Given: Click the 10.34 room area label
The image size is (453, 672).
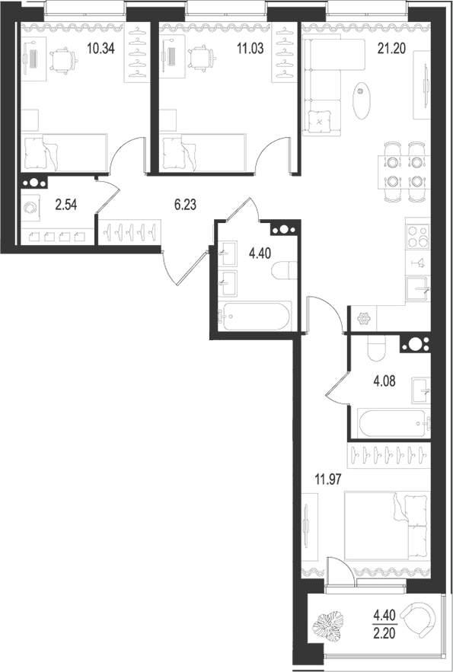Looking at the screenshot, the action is tap(100, 49).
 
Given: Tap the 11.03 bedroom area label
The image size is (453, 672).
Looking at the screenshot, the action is tap(250, 49).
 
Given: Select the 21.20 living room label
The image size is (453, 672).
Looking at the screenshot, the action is tap(391, 49).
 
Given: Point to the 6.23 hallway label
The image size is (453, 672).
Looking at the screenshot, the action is tap(185, 205).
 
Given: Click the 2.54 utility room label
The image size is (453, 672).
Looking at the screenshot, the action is tap(66, 205).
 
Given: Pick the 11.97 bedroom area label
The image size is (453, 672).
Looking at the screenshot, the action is tap(328, 479).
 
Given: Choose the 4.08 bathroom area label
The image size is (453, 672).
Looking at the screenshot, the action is tap(384, 381).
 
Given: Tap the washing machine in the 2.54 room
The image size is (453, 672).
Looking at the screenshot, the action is tap(30, 209).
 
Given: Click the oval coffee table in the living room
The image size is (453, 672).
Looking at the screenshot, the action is tap(361, 100).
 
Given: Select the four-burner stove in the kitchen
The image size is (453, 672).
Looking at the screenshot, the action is tap(418, 236).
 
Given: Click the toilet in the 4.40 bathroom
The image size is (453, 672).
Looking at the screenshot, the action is tap(284, 270).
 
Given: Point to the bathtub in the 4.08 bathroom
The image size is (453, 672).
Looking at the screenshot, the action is tap(393, 423).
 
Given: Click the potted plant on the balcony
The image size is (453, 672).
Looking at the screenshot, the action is tap(327, 627).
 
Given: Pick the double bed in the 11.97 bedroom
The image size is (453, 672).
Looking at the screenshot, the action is tap(387, 526).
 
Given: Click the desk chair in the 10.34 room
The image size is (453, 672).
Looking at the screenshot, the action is tap(64, 60).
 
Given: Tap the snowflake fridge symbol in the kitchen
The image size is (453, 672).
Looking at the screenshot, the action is tap(363, 319).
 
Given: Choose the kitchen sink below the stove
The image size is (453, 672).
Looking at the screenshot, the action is tap(417, 289).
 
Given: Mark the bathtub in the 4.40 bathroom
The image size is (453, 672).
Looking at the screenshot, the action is tap(254, 317).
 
